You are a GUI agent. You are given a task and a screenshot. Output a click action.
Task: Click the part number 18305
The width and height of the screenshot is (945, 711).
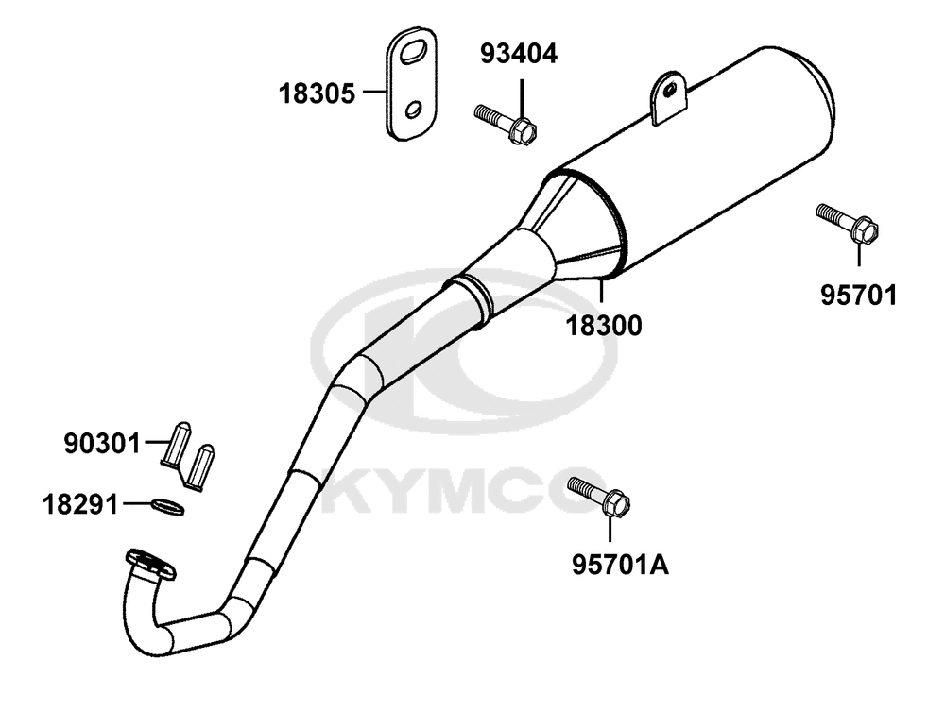click(x=317, y=93)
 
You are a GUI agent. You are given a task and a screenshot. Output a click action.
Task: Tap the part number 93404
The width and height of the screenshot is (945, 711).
click(x=519, y=54)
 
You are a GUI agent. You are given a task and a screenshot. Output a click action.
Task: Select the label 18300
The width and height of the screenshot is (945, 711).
click(x=603, y=326)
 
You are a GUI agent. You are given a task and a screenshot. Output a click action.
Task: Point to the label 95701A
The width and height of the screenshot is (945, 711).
click(x=620, y=565)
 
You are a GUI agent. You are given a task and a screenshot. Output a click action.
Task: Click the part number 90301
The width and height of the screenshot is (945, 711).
click(x=102, y=445)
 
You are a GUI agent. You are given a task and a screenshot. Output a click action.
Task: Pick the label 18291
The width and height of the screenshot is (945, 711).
click(x=80, y=504)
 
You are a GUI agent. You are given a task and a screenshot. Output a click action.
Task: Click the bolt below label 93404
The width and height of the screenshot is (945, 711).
click(x=506, y=124)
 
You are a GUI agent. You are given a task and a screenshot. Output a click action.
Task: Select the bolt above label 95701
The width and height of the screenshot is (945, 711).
click(x=848, y=224)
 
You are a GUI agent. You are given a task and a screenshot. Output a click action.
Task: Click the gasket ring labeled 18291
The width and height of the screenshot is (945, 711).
click(x=167, y=507)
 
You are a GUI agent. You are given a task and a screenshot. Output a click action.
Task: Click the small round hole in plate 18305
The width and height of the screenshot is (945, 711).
click(x=414, y=110)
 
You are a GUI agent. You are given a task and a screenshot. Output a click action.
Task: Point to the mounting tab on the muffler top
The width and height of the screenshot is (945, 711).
click(x=668, y=98)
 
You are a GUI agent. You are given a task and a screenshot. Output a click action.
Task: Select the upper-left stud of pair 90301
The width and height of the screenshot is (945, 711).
click(x=178, y=443)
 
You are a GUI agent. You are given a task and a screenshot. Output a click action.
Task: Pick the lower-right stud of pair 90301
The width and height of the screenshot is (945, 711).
click(x=200, y=467)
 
